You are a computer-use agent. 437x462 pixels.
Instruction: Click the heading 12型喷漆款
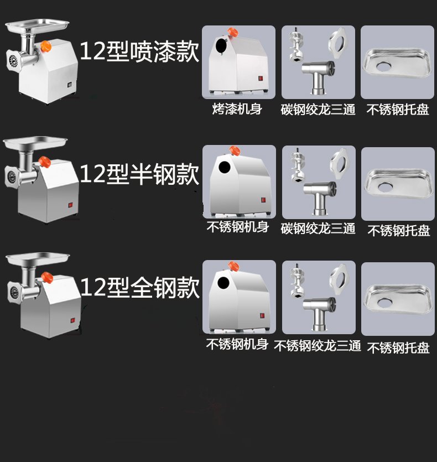tap(139, 51)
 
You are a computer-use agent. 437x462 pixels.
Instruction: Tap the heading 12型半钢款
tap(139, 174)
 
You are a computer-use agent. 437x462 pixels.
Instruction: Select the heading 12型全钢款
tap(140, 287)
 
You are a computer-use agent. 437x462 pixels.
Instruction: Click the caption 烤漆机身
tap(237, 109)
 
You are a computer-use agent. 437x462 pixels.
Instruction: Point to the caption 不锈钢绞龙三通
tap(318, 345)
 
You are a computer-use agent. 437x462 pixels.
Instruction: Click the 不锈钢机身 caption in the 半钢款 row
tap(237, 227)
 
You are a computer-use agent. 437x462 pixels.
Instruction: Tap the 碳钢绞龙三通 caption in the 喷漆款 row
tap(318, 110)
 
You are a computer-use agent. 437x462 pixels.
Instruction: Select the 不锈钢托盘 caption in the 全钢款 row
tap(398, 348)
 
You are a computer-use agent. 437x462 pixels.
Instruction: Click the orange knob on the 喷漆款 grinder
tap(46, 46)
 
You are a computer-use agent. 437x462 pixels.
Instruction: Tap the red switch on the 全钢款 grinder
tap(72, 320)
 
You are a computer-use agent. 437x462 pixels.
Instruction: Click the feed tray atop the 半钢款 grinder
tap(35, 143)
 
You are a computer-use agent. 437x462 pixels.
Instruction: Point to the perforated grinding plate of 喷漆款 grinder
tap(13, 61)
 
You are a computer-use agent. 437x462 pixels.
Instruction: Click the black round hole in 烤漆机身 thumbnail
tap(221, 46)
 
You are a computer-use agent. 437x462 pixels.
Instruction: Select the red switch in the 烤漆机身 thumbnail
tap(261, 79)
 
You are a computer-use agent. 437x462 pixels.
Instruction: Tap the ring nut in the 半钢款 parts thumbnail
tap(340, 164)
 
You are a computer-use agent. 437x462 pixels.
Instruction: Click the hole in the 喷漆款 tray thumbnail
tap(384, 67)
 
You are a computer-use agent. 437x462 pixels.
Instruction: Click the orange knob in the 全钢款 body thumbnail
tap(233, 266)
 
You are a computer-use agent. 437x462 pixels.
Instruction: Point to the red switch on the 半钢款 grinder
tap(71, 205)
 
